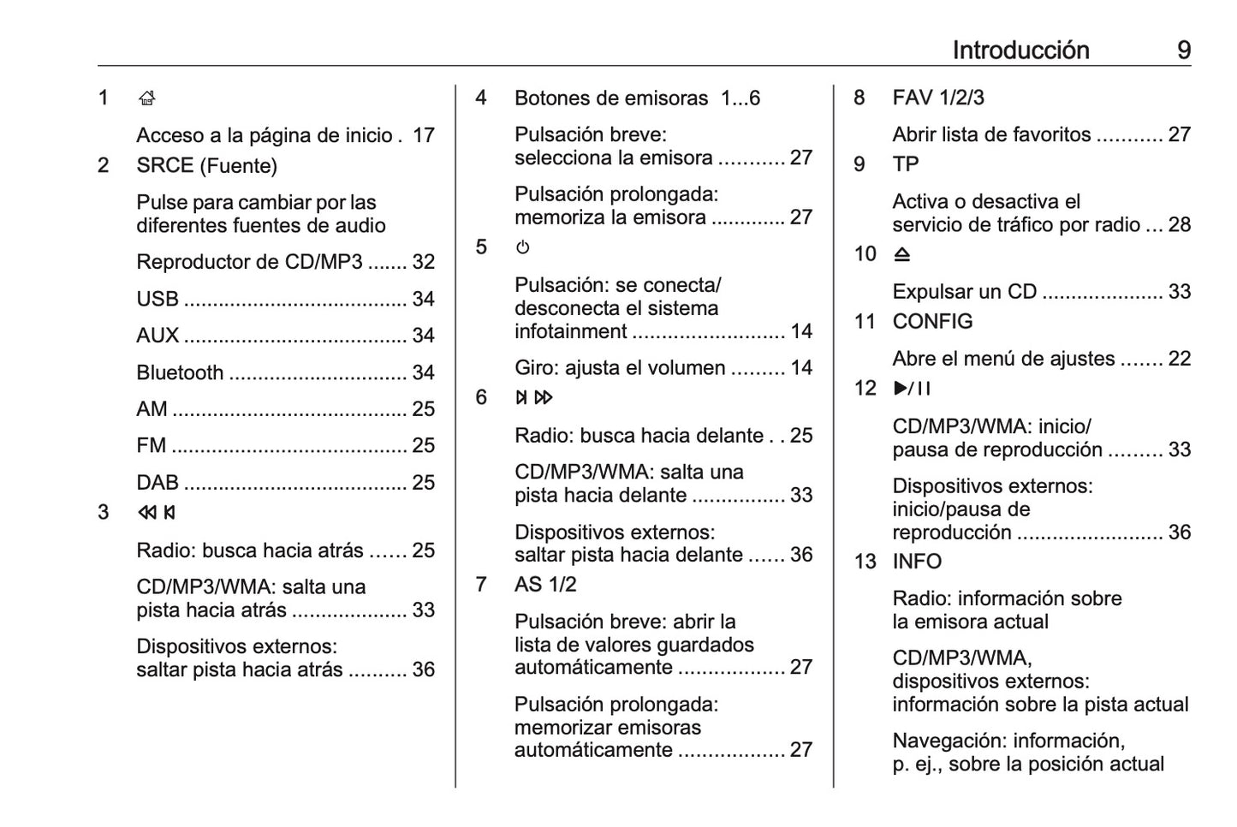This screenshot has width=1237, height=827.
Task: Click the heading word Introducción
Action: (x=1020, y=51)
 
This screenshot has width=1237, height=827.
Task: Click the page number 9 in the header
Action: (x=1184, y=51)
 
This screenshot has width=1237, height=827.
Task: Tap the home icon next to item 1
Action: (x=146, y=98)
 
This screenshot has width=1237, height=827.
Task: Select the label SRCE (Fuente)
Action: (x=206, y=165)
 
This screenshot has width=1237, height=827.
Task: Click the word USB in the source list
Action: (x=158, y=299)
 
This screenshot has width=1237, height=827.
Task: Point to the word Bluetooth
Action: (x=180, y=372)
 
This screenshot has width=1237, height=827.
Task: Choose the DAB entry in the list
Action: (x=158, y=482)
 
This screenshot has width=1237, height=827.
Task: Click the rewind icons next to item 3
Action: (x=157, y=513)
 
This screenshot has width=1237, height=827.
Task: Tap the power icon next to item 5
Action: (x=523, y=247)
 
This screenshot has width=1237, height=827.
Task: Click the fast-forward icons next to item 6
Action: (x=534, y=397)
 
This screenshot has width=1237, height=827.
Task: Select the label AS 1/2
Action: (x=545, y=585)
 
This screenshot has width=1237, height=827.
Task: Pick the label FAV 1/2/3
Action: (x=938, y=98)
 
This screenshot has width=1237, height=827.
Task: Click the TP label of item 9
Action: (x=906, y=164)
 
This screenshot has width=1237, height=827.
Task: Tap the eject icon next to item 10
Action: (x=902, y=254)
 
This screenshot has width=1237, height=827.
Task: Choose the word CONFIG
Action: (x=932, y=321)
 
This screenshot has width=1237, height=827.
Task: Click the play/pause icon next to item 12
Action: (x=912, y=389)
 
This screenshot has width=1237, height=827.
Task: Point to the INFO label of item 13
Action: (x=917, y=562)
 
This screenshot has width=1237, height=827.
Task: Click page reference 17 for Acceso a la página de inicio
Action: (x=424, y=135)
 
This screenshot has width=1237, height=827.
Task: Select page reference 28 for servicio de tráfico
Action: (x=1180, y=225)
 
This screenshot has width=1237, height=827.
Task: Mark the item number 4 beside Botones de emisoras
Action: (x=481, y=98)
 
